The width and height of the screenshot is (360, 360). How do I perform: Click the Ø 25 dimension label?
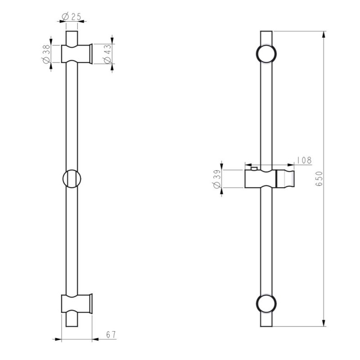pyautogui.click(x=72, y=17)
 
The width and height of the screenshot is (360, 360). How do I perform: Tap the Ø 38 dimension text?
pyautogui.click(x=46, y=54)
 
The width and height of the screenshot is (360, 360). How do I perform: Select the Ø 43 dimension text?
pyautogui.click(x=108, y=54)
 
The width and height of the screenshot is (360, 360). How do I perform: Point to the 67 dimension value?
pyautogui.click(x=111, y=335)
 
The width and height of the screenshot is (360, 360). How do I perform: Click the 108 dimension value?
pyautogui.click(x=304, y=160)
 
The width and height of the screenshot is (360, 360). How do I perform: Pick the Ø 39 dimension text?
pyautogui.click(x=217, y=179)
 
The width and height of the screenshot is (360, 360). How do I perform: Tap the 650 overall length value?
pyautogui.click(x=319, y=179)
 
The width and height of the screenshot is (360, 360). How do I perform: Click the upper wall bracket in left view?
pyautogui.click(x=76, y=54)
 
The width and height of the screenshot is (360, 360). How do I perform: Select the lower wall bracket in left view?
pyautogui.click(x=76, y=303)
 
